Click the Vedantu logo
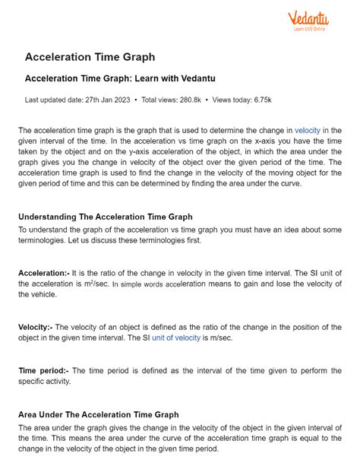tap(311, 23)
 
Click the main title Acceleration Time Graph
tap(90, 57)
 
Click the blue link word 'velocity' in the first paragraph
tap(308, 131)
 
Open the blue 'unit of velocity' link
tap(176, 338)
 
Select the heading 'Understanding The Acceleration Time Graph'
tap(105, 217)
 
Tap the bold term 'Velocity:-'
tap(36, 327)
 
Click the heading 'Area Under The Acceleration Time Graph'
tap(99, 415)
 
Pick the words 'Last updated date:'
tap(52, 100)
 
